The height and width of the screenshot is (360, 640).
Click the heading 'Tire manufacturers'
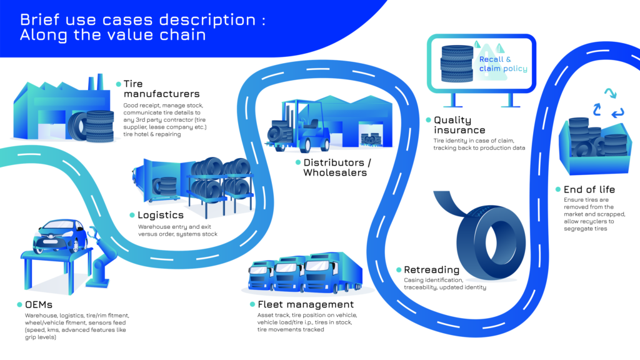[x=162, y=89]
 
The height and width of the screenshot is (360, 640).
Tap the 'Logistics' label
[x=161, y=215]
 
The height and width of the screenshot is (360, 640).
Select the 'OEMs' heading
[x=39, y=304]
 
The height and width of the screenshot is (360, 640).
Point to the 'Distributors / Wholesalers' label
[x=337, y=167]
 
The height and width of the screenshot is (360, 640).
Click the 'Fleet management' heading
[x=306, y=304]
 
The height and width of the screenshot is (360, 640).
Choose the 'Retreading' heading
[x=431, y=270]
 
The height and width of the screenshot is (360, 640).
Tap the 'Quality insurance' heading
[x=459, y=125]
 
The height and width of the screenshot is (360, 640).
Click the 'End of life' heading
[x=589, y=189]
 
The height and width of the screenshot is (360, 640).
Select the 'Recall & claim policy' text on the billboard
[x=503, y=64]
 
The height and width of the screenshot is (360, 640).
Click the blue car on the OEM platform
[x=60, y=236]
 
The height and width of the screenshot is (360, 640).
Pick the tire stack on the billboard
[x=457, y=63]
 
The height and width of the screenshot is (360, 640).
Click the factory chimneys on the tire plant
[x=96, y=82]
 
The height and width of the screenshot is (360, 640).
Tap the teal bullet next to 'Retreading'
[x=399, y=270]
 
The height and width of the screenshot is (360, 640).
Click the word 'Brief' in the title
[x=39, y=19]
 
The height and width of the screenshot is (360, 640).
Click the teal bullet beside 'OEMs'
[x=19, y=304]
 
